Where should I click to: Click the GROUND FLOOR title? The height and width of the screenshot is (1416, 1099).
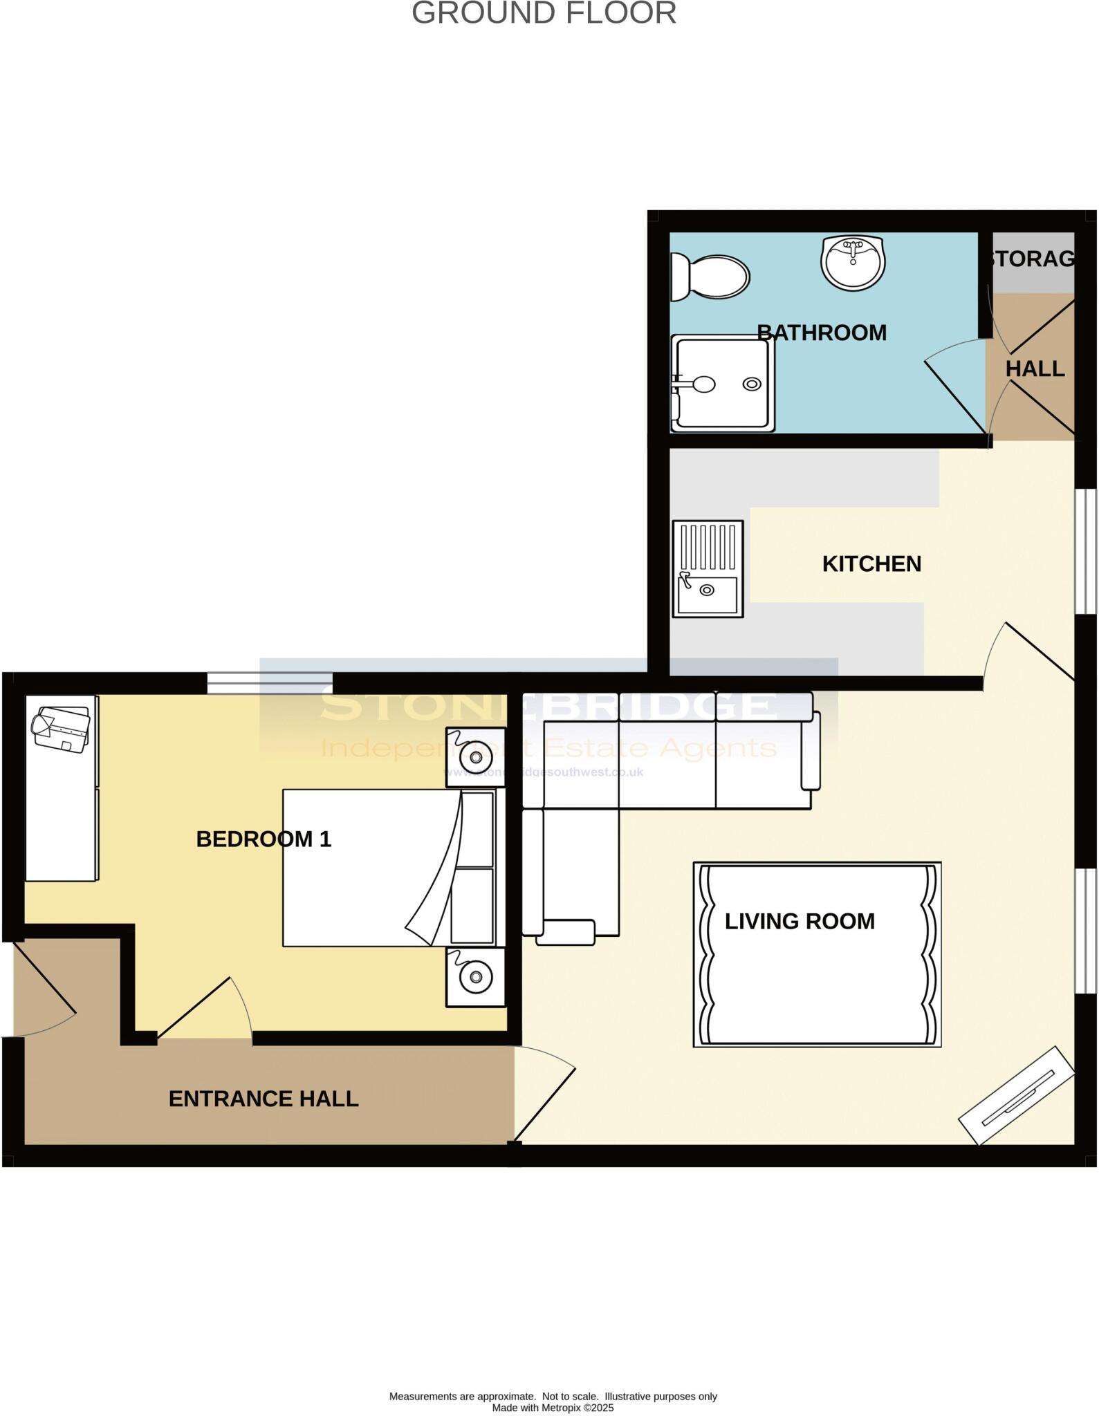544,14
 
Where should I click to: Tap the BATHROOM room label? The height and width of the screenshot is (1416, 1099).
822,333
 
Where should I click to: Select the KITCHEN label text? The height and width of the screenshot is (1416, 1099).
871,563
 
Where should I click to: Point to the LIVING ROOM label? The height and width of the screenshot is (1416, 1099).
800,921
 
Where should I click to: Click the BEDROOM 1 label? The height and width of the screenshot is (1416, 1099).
264,839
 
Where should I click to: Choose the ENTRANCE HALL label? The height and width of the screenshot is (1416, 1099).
264,1099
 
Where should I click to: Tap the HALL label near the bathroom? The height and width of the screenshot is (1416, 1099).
1035,369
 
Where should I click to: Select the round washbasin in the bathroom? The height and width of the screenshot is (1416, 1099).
853,263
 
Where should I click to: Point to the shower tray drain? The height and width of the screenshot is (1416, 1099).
752,384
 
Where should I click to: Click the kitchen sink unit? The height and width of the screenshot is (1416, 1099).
708,568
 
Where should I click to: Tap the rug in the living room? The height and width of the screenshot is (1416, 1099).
818,954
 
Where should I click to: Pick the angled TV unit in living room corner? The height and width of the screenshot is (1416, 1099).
1016,1095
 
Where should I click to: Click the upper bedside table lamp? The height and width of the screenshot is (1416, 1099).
476,757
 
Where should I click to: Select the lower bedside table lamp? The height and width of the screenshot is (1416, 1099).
476,976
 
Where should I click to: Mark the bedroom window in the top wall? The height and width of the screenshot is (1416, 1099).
270,683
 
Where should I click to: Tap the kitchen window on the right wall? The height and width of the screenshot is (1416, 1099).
1086,551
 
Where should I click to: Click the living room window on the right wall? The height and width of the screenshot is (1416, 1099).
1086,931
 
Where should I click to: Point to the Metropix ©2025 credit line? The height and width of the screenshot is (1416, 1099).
553,1407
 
